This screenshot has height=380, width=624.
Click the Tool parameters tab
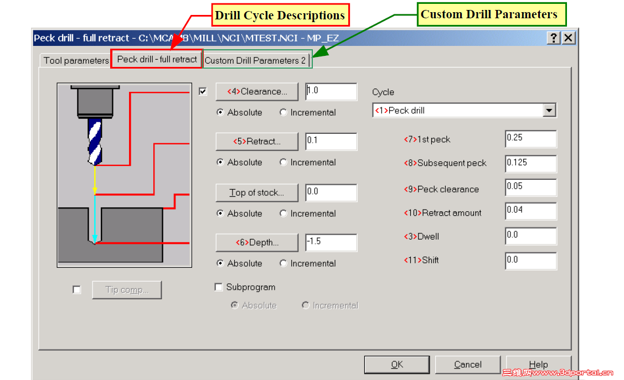[76, 60]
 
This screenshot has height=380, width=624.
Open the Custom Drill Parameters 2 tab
[255, 60]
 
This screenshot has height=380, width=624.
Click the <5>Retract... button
[257, 141]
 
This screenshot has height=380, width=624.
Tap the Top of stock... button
[257, 192]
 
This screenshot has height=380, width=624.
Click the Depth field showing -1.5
[331, 242]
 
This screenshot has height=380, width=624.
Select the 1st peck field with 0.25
[530, 139]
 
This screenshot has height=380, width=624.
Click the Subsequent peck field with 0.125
[530, 163]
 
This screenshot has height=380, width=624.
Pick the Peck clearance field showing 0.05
[530, 187]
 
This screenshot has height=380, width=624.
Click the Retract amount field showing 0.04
[530, 211]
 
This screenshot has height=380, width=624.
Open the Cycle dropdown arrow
[549, 110]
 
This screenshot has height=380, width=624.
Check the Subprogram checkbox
[218, 287]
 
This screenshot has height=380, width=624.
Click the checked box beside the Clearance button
[203, 91]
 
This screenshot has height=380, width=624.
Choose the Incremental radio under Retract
[283, 162]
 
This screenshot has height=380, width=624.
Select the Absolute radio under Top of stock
[220, 214]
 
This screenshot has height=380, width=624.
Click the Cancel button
[468, 365]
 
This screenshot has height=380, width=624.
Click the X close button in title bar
[569, 38]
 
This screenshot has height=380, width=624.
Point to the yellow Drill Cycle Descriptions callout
[280, 15]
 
